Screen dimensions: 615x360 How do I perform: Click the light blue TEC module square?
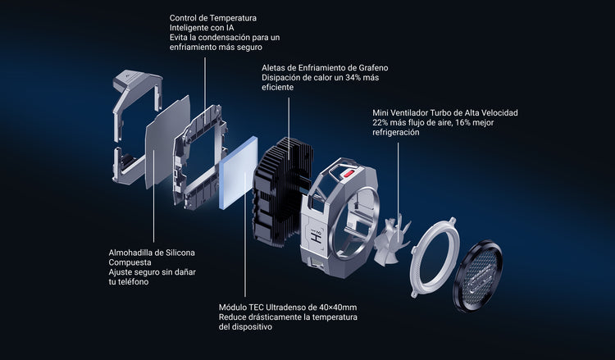point(239,172)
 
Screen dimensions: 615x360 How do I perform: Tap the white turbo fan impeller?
point(391,240)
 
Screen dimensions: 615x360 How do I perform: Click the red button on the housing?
point(349,173)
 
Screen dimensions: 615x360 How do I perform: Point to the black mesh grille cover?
point(478,276)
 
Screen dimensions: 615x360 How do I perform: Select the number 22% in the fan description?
point(380,123)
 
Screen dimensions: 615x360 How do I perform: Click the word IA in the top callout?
point(230,28)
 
